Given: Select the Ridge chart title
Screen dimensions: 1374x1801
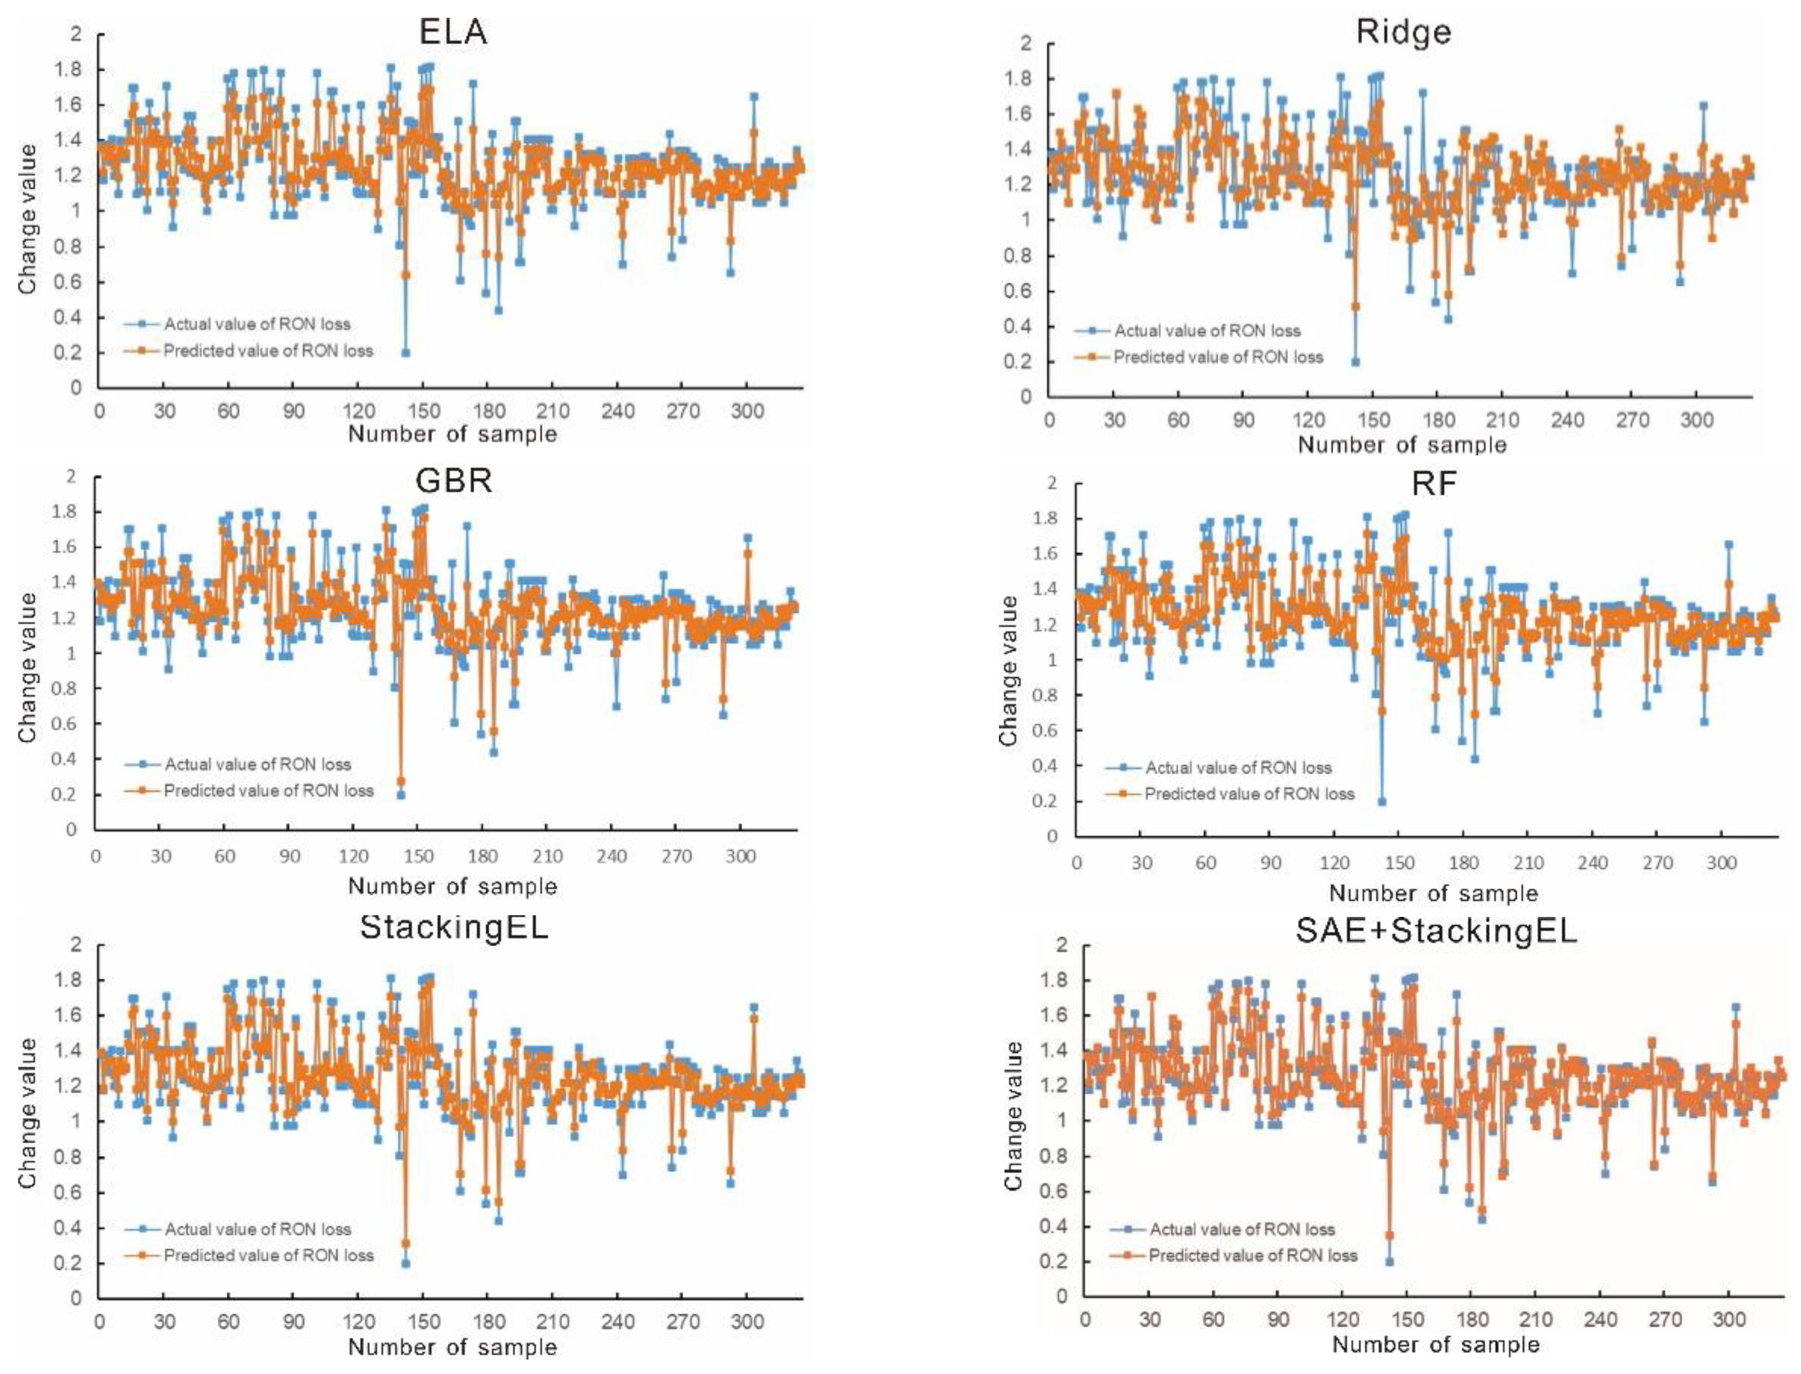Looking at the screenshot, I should tap(1403, 32).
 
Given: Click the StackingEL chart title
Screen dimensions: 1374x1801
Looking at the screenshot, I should tap(454, 927).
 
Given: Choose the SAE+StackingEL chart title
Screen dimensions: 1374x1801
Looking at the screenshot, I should tap(1435, 931).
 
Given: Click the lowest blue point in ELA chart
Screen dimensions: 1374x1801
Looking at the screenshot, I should tap(405, 352).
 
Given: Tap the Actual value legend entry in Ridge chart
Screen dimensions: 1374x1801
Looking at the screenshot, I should tap(1206, 331).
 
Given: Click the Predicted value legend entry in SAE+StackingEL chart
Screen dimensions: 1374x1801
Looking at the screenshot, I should tap(1252, 1255).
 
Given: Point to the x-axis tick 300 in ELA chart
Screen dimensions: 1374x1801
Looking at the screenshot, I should tap(747, 412).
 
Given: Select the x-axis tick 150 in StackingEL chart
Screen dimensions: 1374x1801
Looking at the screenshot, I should tap(423, 1322).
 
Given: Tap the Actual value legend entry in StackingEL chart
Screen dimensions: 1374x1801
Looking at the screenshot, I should tap(257, 1229).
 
